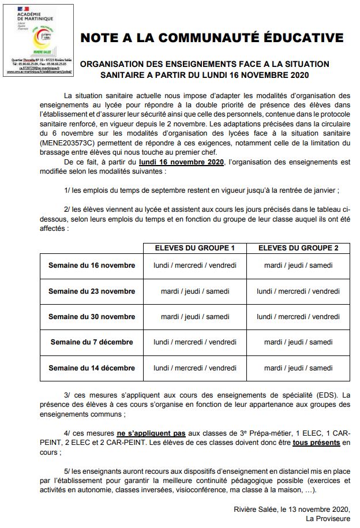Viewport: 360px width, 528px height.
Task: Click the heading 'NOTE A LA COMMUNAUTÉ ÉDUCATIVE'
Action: (x=212, y=38)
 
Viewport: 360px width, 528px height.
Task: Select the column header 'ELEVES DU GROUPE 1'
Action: (x=194, y=248)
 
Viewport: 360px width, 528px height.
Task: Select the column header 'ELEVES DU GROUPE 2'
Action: (x=298, y=248)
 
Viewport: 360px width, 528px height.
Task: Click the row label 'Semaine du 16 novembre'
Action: (x=92, y=265)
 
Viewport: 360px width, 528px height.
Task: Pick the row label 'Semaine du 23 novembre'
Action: (x=92, y=291)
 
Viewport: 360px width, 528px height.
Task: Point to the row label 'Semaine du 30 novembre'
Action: (x=92, y=317)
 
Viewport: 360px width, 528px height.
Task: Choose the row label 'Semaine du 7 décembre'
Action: (x=92, y=342)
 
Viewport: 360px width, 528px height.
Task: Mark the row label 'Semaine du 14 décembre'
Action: (x=92, y=368)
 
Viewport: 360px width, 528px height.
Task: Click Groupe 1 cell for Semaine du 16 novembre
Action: (x=194, y=265)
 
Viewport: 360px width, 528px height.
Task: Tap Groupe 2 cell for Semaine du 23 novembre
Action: (x=298, y=291)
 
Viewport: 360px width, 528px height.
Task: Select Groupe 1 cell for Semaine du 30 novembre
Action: (x=194, y=317)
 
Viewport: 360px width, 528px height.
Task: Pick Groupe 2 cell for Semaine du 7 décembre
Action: (x=298, y=342)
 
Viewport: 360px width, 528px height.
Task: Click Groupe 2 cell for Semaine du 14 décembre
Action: (x=298, y=368)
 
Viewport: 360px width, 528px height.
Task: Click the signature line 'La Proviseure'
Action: (x=328, y=519)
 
